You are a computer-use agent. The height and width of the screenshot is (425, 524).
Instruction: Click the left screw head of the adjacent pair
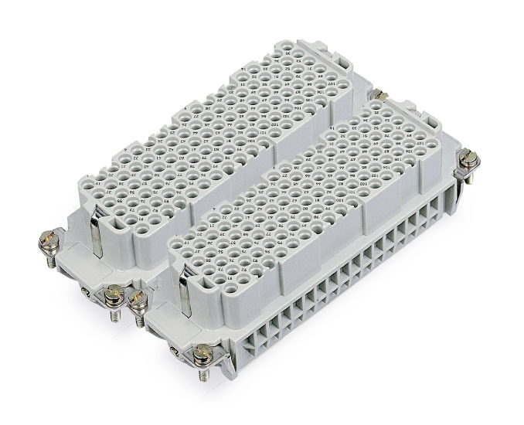tap(114, 293)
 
